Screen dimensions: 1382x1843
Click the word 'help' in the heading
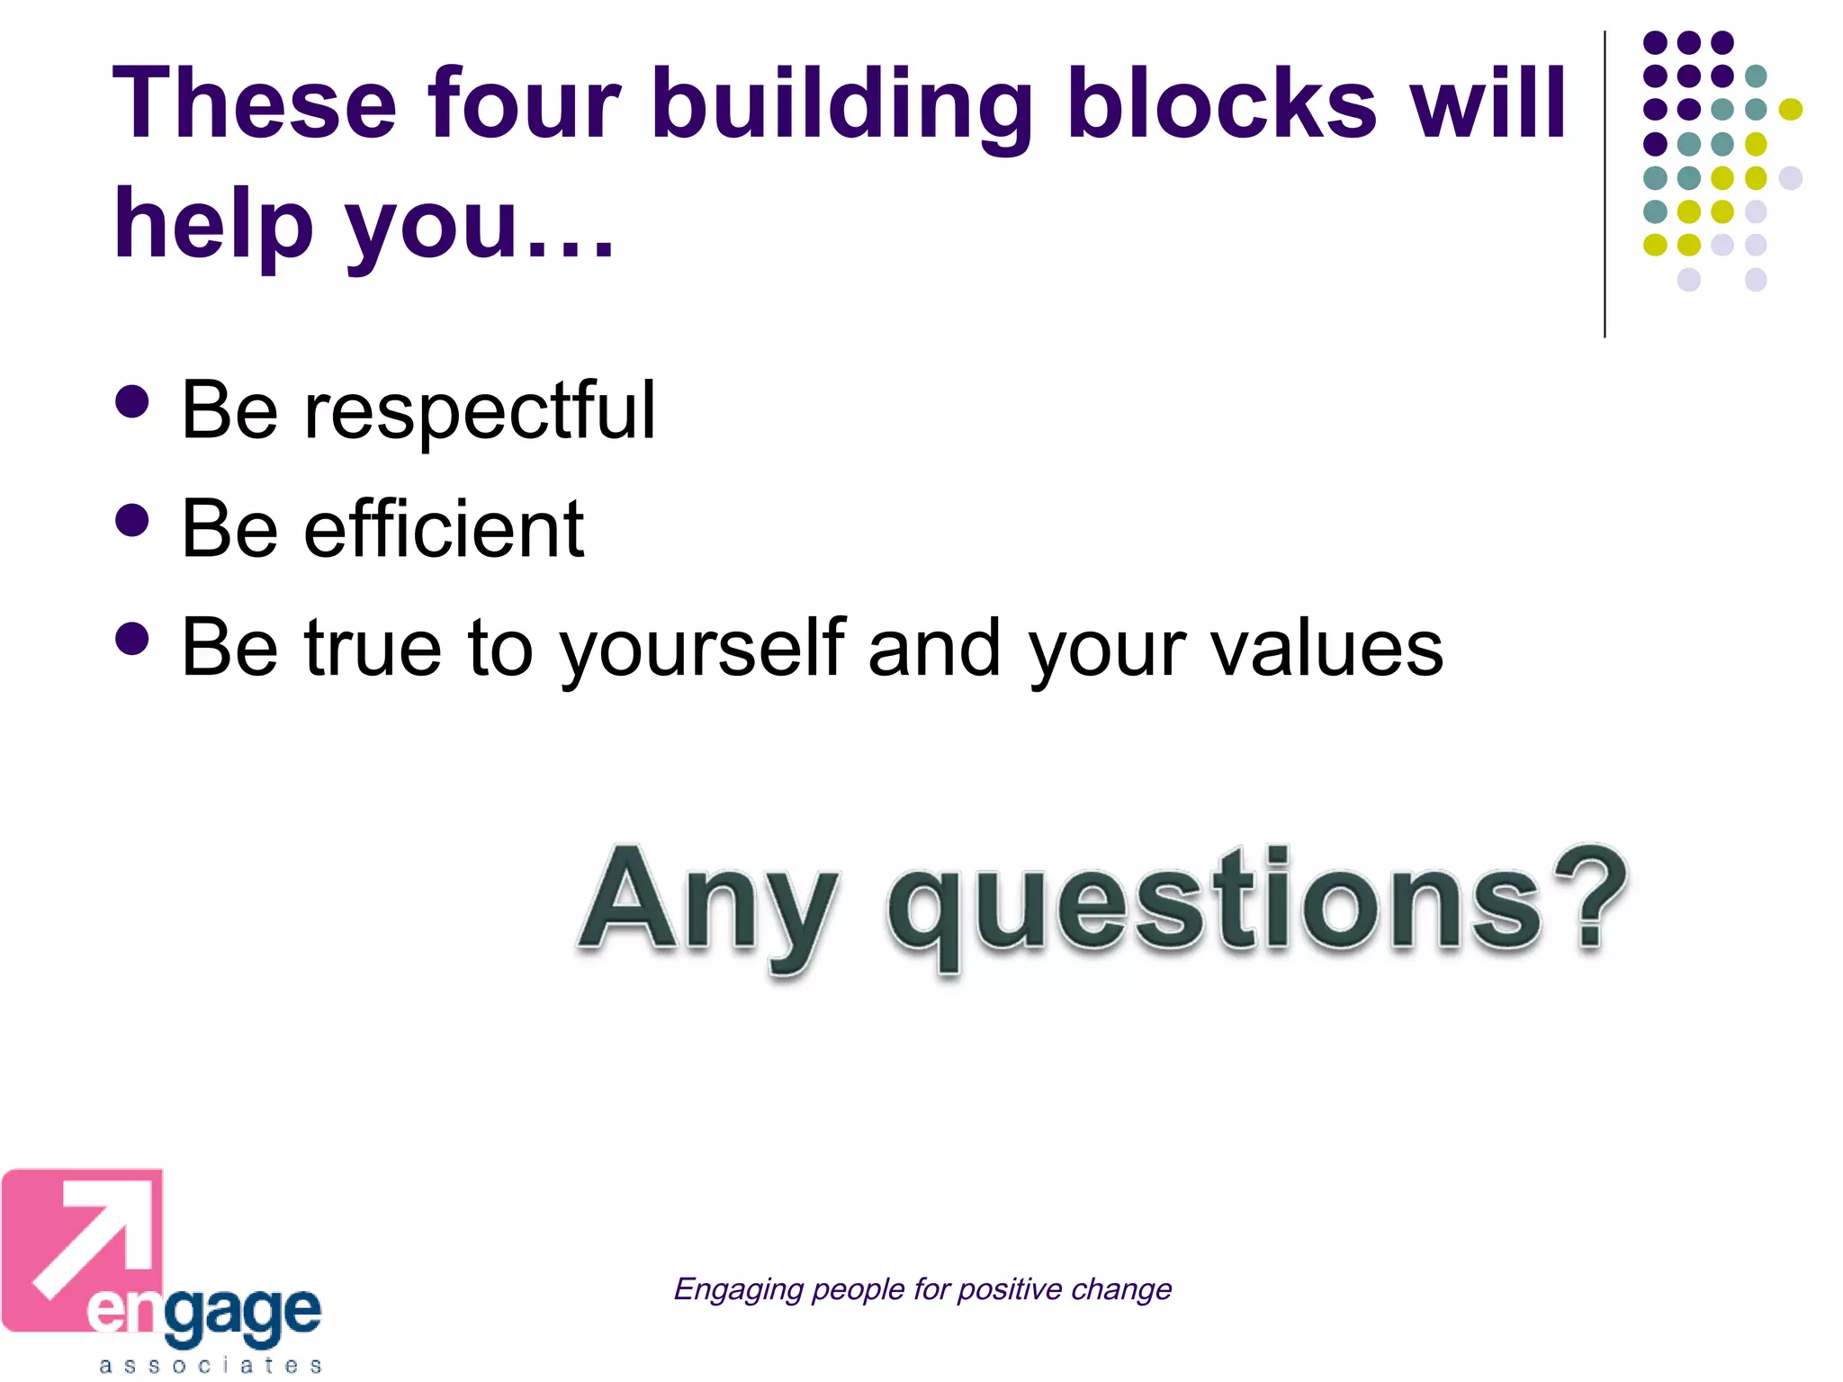[x=212, y=225]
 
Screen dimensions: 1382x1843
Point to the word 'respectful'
[x=481, y=412]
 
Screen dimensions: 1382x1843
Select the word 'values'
[x=1326, y=650]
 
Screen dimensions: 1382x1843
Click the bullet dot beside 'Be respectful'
[x=132, y=402]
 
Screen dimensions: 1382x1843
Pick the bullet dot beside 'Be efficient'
[x=132, y=520]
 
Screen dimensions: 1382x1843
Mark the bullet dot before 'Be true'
[x=132, y=640]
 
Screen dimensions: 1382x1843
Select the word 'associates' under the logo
[x=211, y=1366]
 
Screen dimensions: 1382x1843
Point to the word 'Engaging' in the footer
[x=738, y=1289]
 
